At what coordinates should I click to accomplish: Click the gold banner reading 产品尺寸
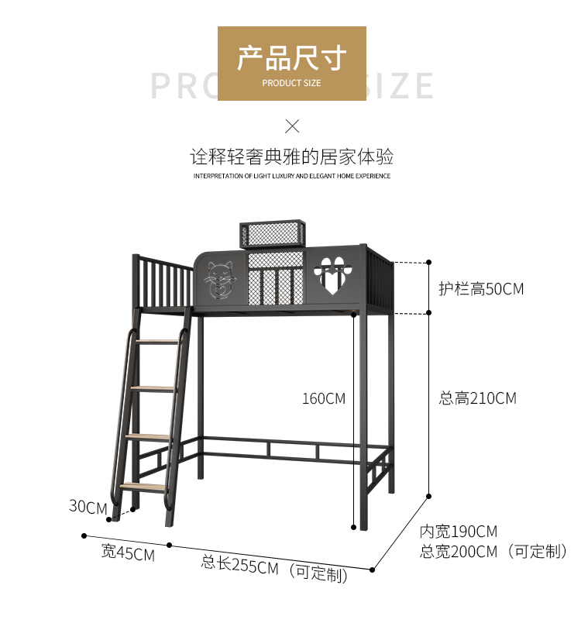coord(291,63)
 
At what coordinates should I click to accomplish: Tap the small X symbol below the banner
coord(292,126)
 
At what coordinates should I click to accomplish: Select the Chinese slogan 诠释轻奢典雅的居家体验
coord(292,157)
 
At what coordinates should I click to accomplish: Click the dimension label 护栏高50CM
coord(480,289)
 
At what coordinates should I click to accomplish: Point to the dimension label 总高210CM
coord(477,398)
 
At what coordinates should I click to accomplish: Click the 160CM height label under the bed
coord(324,398)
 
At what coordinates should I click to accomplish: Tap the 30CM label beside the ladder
coord(88,507)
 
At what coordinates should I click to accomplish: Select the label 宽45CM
coord(128,554)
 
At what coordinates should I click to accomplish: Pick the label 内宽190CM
coord(459,532)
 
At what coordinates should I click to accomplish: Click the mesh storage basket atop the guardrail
coord(273,233)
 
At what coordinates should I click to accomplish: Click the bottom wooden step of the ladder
coord(143,487)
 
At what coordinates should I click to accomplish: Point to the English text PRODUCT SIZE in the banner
coord(291,83)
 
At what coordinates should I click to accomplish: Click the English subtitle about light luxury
coord(292,176)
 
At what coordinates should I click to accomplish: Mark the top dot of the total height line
coord(429,262)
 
